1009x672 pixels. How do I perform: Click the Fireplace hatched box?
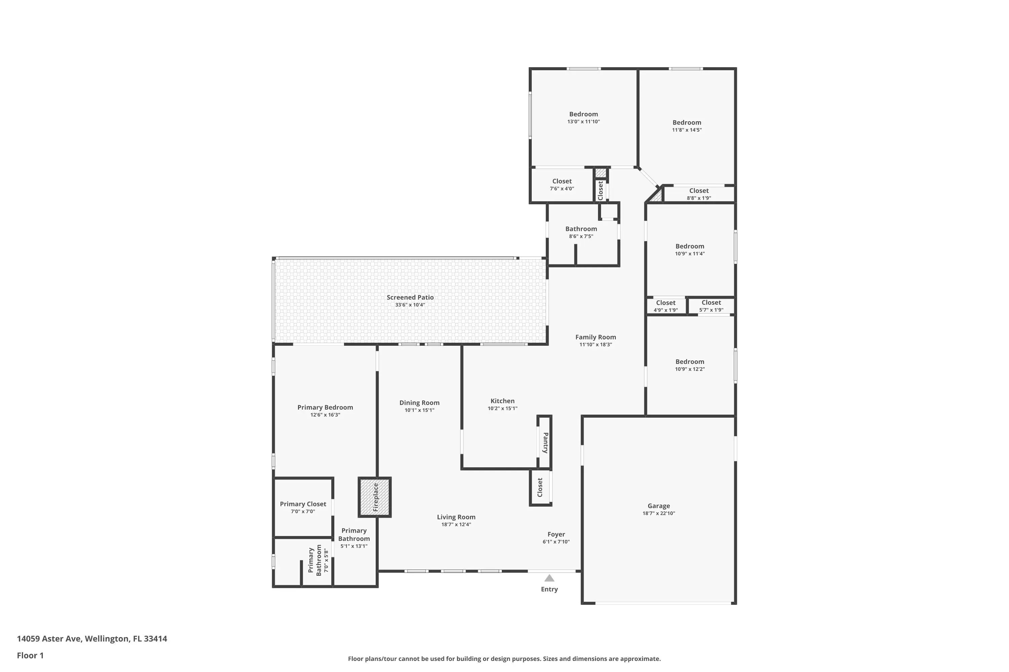point(375,497)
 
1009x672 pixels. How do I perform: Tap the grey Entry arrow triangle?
point(549,578)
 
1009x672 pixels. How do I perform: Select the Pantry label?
point(545,443)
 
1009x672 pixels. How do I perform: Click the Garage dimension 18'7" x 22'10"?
point(659,513)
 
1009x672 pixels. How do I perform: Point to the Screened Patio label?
point(410,297)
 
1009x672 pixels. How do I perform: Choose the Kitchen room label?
point(502,401)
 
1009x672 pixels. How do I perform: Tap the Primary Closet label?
point(303,504)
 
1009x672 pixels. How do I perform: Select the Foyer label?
point(556,535)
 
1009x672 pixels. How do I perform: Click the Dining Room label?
point(419,403)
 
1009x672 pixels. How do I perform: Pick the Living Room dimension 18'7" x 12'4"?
point(456,524)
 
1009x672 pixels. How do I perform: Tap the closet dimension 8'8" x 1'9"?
point(699,198)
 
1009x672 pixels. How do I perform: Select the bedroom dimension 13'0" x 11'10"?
point(584,122)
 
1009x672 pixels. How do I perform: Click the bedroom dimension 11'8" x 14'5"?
point(687,130)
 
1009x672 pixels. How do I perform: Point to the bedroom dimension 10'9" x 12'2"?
point(690,369)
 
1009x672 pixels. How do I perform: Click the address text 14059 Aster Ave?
point(48,639)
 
